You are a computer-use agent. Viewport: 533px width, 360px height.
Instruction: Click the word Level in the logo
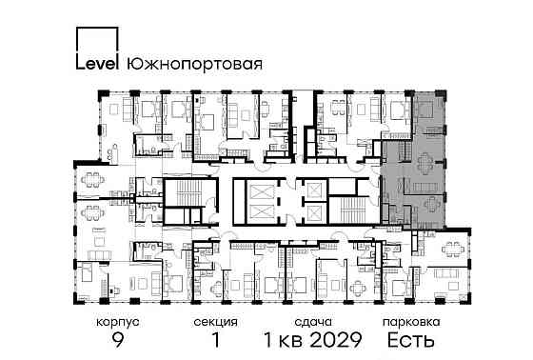pyautogui.click(x=96, y=65)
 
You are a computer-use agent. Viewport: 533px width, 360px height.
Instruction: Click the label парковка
pyautogui.click(x=410, y=323)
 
